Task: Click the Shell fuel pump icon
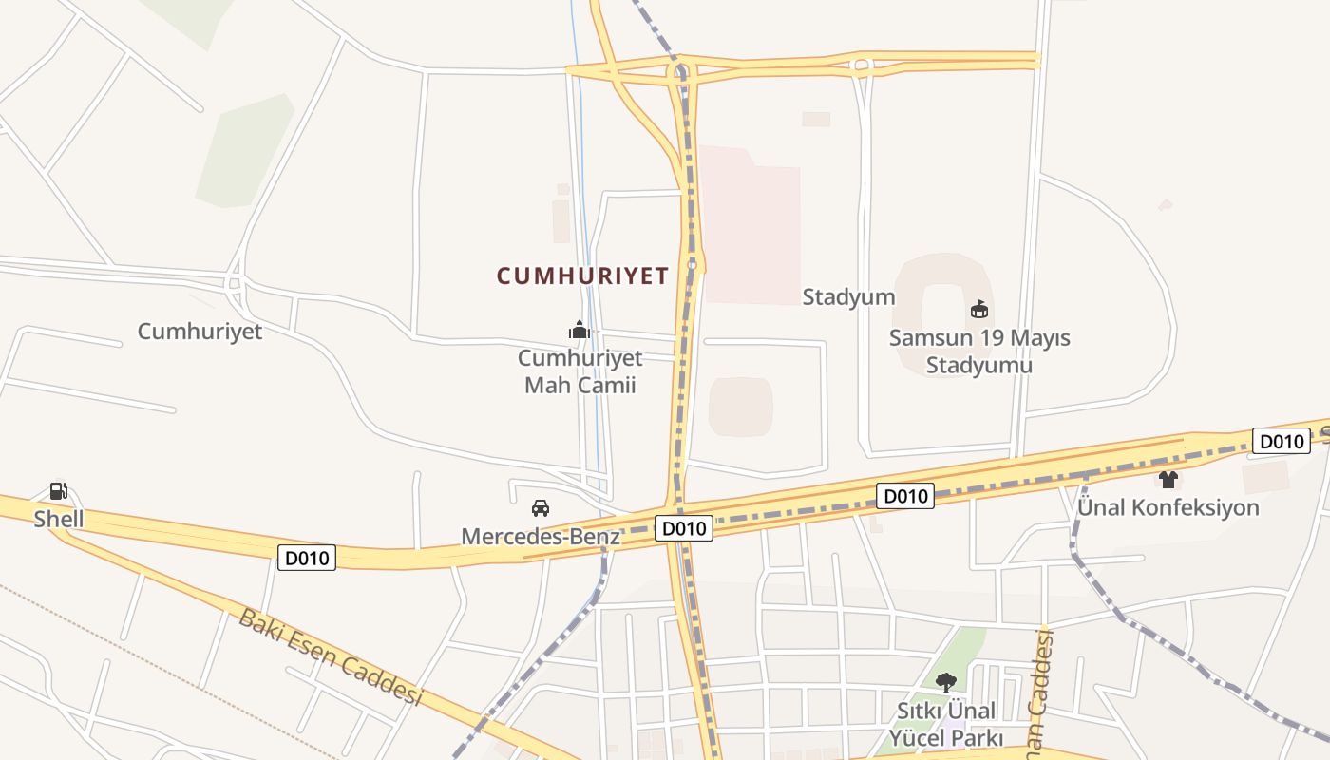pos(59,491)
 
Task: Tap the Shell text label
pos(59,519)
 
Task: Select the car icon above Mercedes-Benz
pos(541,508)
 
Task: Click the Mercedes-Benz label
pos(541,537)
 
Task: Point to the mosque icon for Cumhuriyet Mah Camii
pos(579,330)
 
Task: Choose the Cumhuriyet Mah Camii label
pos(579,371)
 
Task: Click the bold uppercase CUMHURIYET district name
pos(582,275)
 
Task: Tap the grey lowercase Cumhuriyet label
pos(199,332)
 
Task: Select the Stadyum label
pos(848,296)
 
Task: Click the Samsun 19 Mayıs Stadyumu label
pos(979,351)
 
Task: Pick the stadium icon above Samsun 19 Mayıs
pos(979,310)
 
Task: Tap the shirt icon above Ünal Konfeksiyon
pos(1168,480)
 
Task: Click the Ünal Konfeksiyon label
pos(1168,507)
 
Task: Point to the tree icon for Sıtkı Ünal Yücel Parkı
pos(945,682)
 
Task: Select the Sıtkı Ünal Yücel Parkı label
pos(946,724)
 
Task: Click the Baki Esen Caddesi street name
pos(329,657)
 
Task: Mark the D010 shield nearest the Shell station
pos(308,558)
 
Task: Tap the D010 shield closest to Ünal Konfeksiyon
pos(1282,441)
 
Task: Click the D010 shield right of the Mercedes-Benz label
pos(684,529)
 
